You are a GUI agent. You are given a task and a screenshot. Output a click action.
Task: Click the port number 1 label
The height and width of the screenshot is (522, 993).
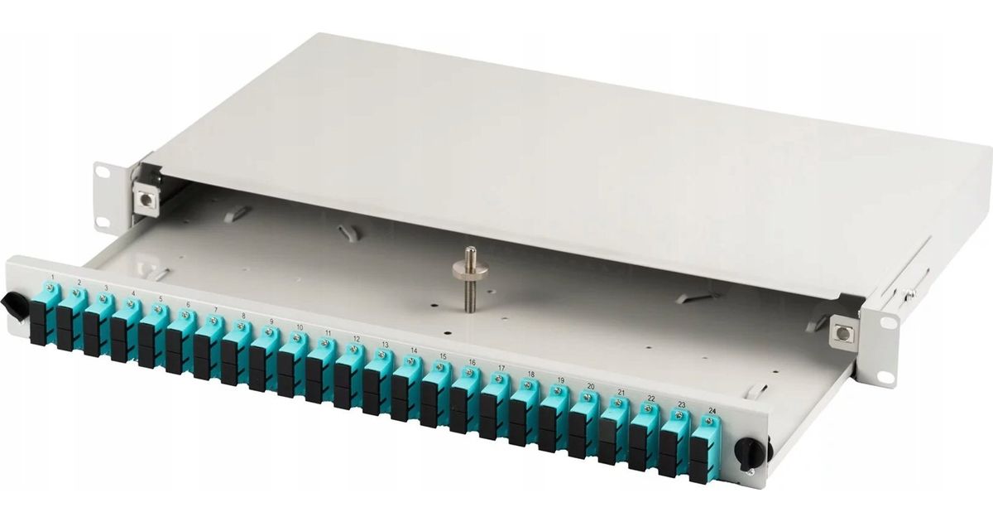pos(53,277)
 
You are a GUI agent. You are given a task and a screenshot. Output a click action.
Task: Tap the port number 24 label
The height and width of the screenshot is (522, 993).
pos(712,411)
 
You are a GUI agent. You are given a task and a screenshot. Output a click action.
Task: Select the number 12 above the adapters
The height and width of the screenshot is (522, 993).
pos(356,339)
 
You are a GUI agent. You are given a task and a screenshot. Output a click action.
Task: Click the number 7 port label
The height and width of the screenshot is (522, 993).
pos(216,310)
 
